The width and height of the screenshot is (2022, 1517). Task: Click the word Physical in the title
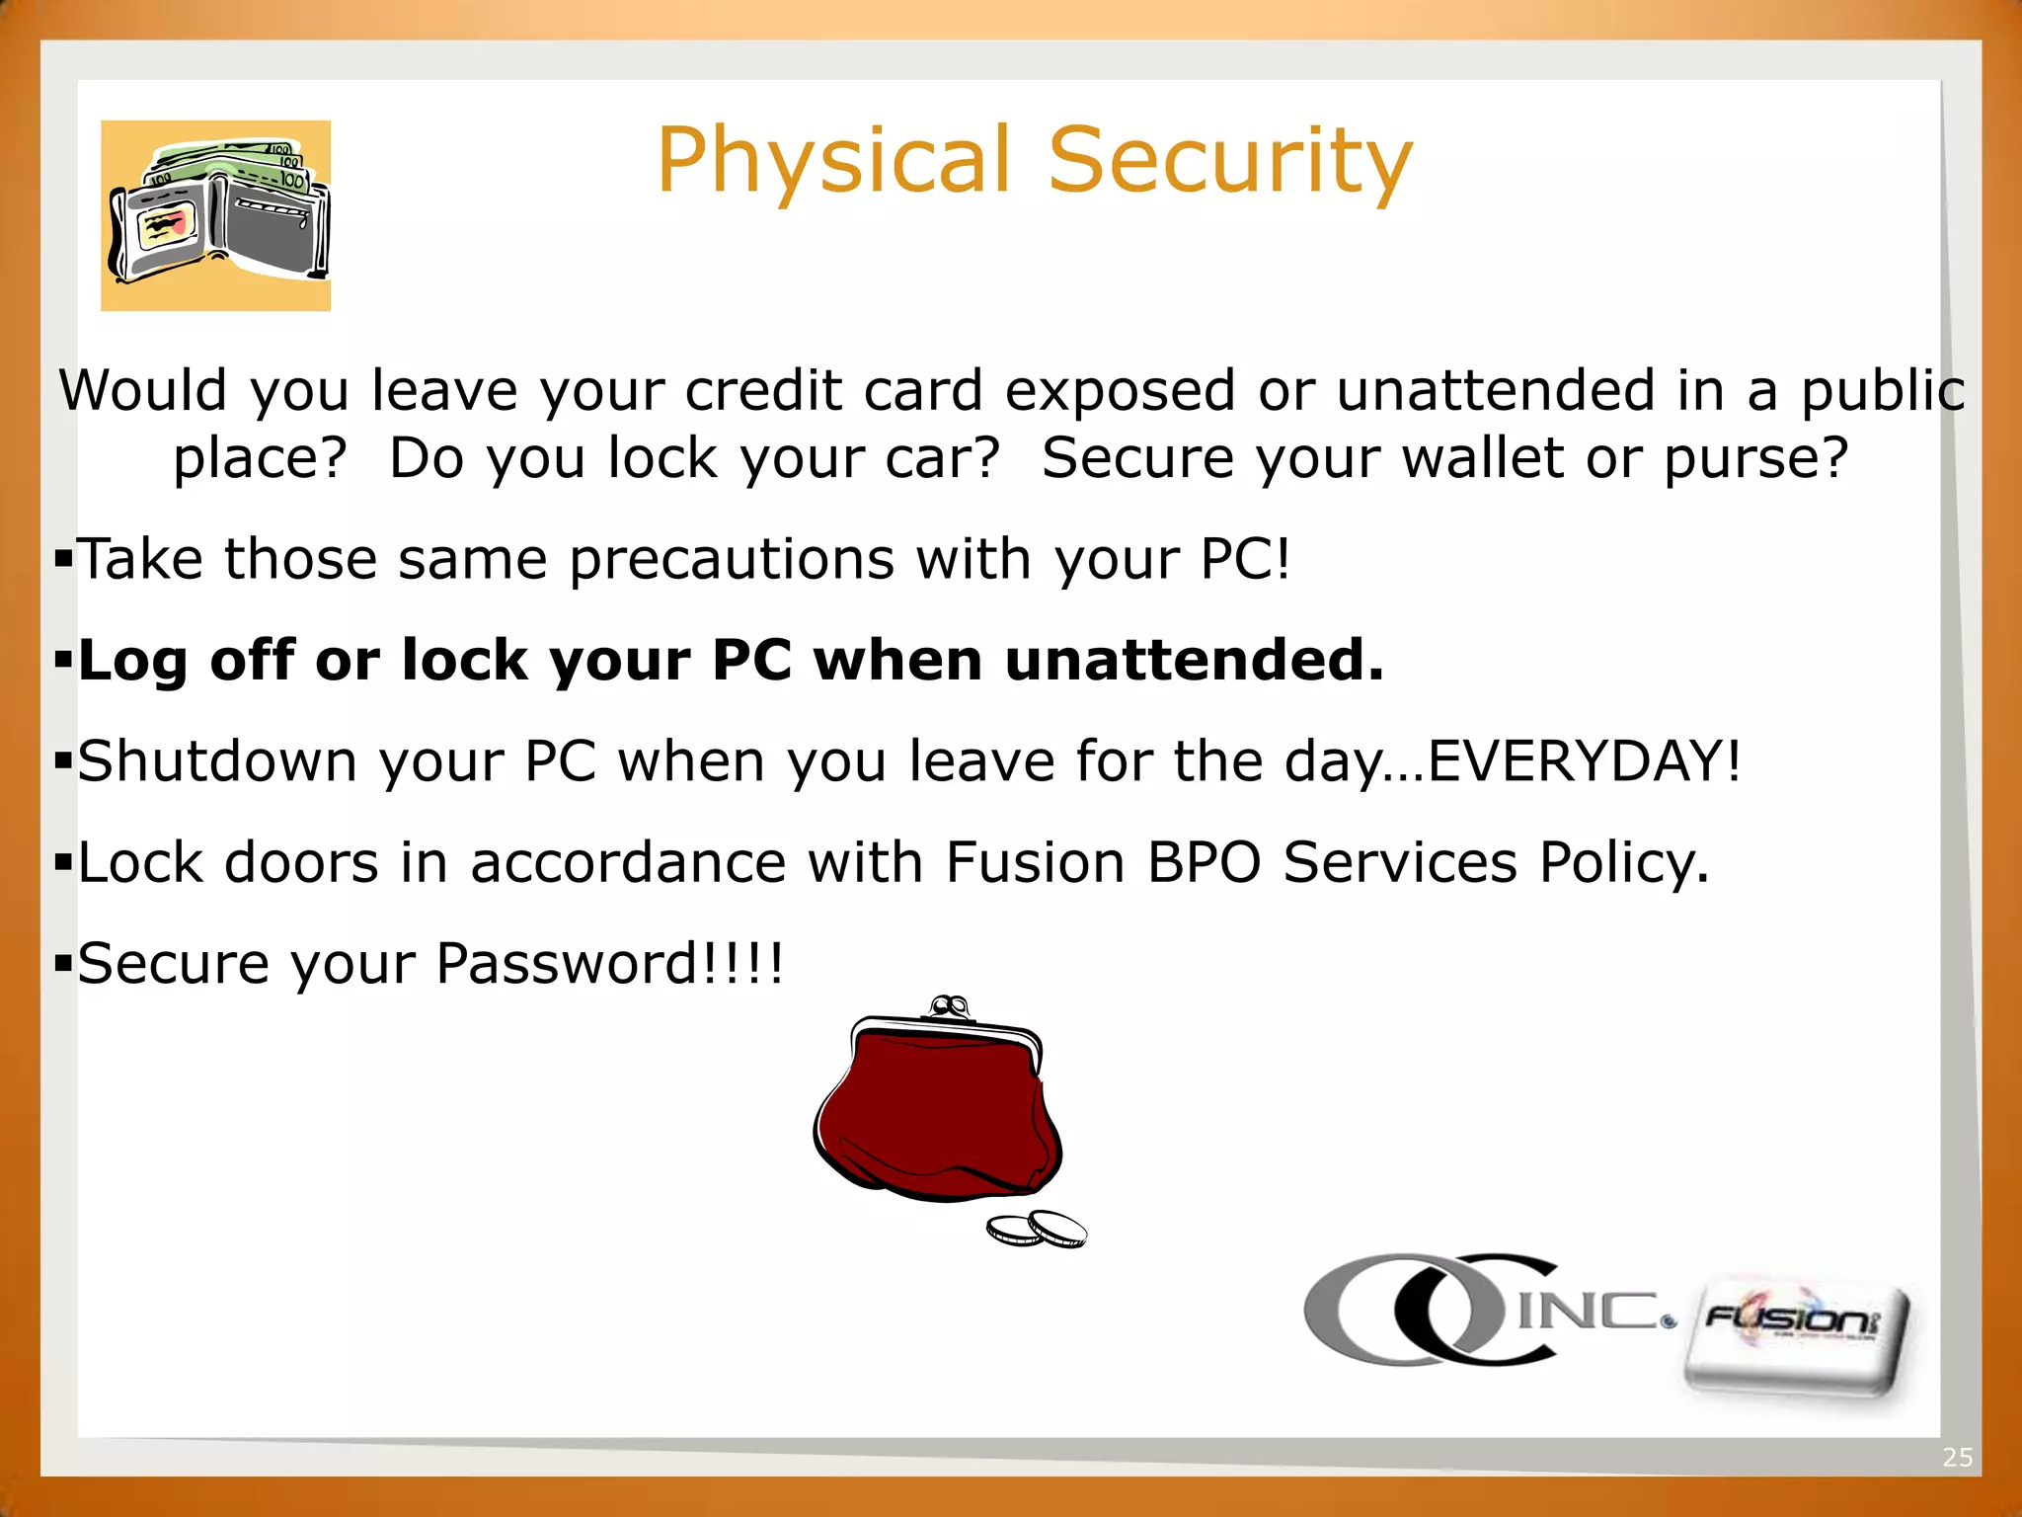pos(834,161)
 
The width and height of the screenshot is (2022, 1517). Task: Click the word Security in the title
pos(1230,161)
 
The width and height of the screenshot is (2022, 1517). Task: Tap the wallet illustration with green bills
pos(216,215)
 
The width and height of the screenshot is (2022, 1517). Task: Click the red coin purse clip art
pos(938,1111)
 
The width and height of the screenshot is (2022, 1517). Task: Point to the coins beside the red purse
pos(1037,1230)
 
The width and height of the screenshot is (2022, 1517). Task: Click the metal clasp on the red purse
pos(949,1007)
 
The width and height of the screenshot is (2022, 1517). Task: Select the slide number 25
pos(1957,1458)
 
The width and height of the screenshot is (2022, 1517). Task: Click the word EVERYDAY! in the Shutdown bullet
pos(1585,762)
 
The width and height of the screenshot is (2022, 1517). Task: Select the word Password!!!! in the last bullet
pos(609,965)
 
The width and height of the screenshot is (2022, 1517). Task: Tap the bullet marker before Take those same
pos(64,560)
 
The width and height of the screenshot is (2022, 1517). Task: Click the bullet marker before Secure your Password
pos(64,964)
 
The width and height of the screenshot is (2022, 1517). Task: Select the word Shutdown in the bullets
pos(217,762)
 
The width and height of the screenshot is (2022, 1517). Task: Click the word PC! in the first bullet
pos(1245,560)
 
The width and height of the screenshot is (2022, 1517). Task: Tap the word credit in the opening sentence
pos(763,391)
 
